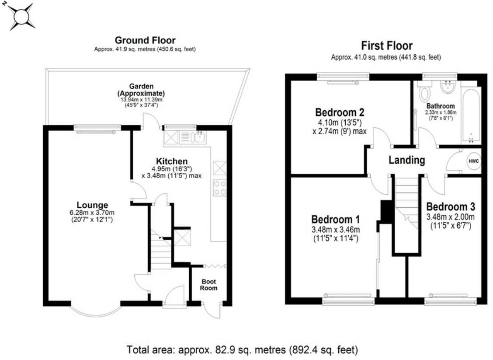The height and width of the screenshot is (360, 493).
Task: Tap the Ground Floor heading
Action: [x=145, y=41]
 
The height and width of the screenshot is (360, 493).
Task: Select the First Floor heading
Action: [x=386, y=45]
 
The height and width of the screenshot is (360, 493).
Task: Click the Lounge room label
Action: [x=92, y=205]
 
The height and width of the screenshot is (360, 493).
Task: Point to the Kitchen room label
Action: [x=173, y=161]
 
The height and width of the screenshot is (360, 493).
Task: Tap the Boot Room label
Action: [x=208, y=285]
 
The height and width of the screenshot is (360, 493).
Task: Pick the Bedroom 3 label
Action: [x=450, y=206]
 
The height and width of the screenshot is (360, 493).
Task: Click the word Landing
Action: [x=406, y=160]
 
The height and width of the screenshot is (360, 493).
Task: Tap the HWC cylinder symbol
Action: [x=474, y=161]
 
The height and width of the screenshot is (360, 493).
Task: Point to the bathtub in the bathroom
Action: [x=471, y=115]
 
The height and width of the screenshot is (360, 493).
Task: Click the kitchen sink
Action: [x=199, y=138]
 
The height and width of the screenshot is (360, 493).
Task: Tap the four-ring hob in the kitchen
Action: [x=220, y=188]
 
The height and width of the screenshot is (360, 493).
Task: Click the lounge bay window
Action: [x=96, y=310]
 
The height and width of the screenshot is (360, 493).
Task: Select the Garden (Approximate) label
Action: [x=141, y=90]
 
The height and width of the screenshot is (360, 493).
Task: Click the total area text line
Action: [x=243, y=350]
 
